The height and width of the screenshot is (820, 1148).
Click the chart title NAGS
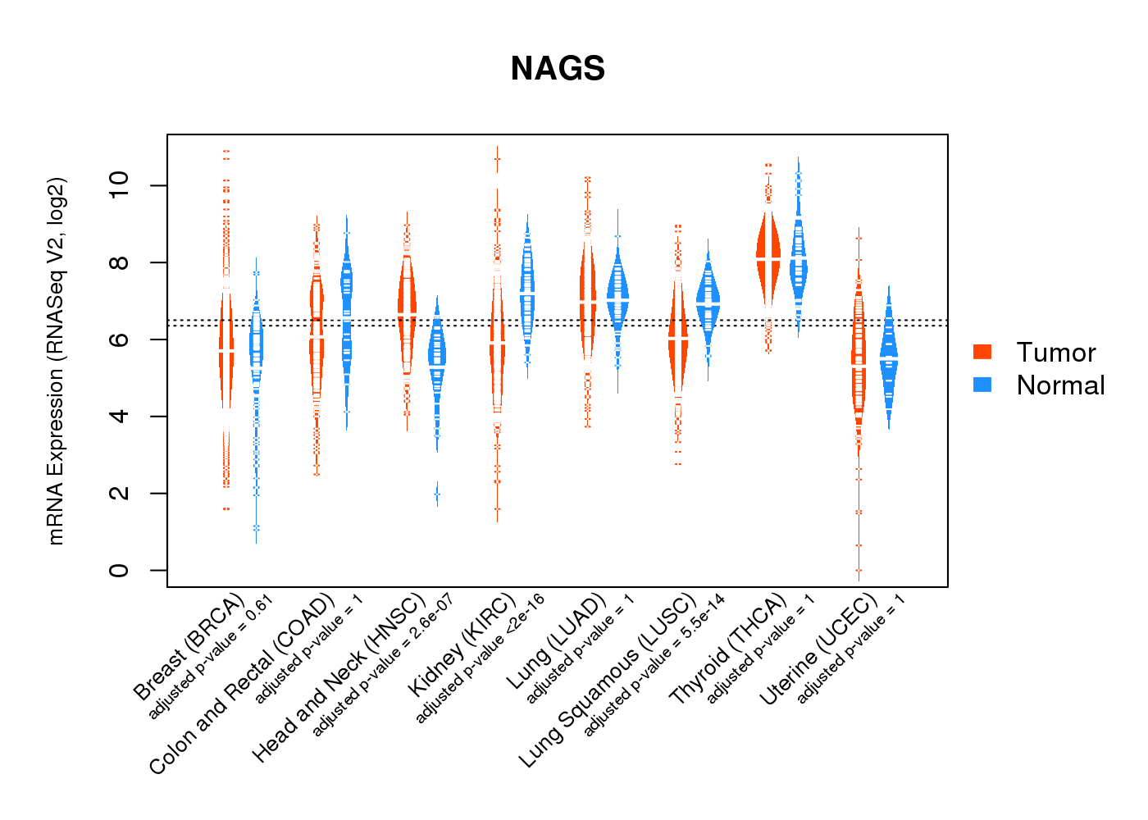click(x=558, y=69)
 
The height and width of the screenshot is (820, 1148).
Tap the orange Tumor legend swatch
click(x=982, y=352)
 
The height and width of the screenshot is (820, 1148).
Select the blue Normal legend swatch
click(x=982, y=385)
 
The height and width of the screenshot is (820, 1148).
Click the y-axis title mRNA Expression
click(x=56, y=361)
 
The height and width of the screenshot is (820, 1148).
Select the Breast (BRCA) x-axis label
click(x=188, y=648)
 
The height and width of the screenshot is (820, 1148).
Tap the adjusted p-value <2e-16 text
click(x=480, y=659)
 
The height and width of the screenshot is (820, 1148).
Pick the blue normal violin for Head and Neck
click(x=437, y=361)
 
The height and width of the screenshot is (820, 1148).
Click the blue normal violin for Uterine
click(x=888, y=361)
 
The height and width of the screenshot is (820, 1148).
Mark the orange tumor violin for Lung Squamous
click(x=678, y=336)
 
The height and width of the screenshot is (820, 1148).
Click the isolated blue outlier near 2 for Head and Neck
click(x=437, y=494)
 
